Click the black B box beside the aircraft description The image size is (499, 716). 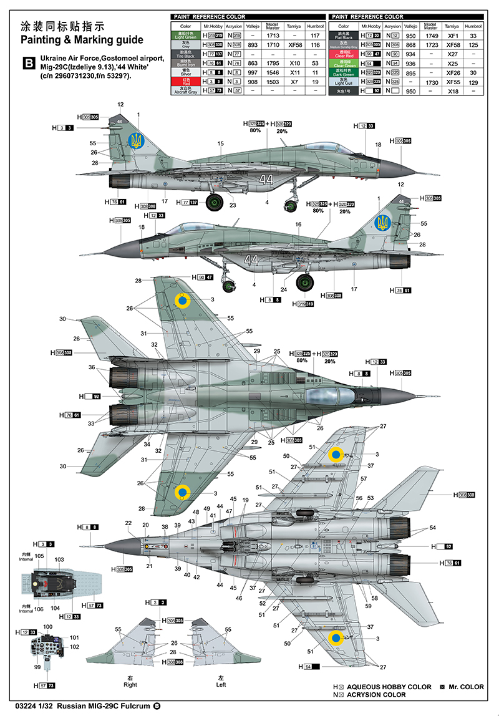[x=29, y=63]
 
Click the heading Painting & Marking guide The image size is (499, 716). [x=82, y=40]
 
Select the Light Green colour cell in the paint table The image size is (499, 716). [x=186, y=36]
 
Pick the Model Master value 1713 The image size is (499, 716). [x=273, y=36]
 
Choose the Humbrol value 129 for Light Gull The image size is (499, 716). [x=473, y=82]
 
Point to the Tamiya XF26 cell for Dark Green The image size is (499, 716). [x=452, y=72]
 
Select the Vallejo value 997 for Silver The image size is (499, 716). [x=253, y=72]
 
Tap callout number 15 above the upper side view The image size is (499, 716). [x=220, y=143]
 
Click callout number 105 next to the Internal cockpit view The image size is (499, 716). [x=39, y=555]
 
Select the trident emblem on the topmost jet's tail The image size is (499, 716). [x=134, y=140]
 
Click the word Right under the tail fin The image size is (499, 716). [x=130, y=684]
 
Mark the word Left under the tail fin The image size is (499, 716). [x=221, y=684]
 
